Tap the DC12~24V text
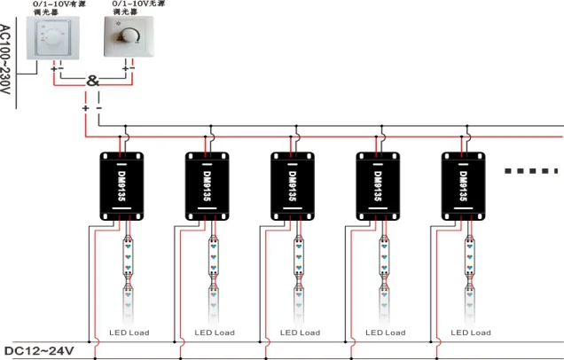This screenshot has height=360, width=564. (40, 351)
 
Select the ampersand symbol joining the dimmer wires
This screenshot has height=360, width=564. (92, 82)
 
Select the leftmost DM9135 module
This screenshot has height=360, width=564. (123, 185)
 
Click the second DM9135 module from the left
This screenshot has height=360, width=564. (209, 185)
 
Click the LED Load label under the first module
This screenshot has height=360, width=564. (129, 333)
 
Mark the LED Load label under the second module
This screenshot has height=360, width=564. (214, 333)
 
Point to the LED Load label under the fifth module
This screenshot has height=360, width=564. (470, 333)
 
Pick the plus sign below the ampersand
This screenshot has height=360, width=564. (85, 107)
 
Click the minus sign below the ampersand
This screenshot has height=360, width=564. (99, 107)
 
